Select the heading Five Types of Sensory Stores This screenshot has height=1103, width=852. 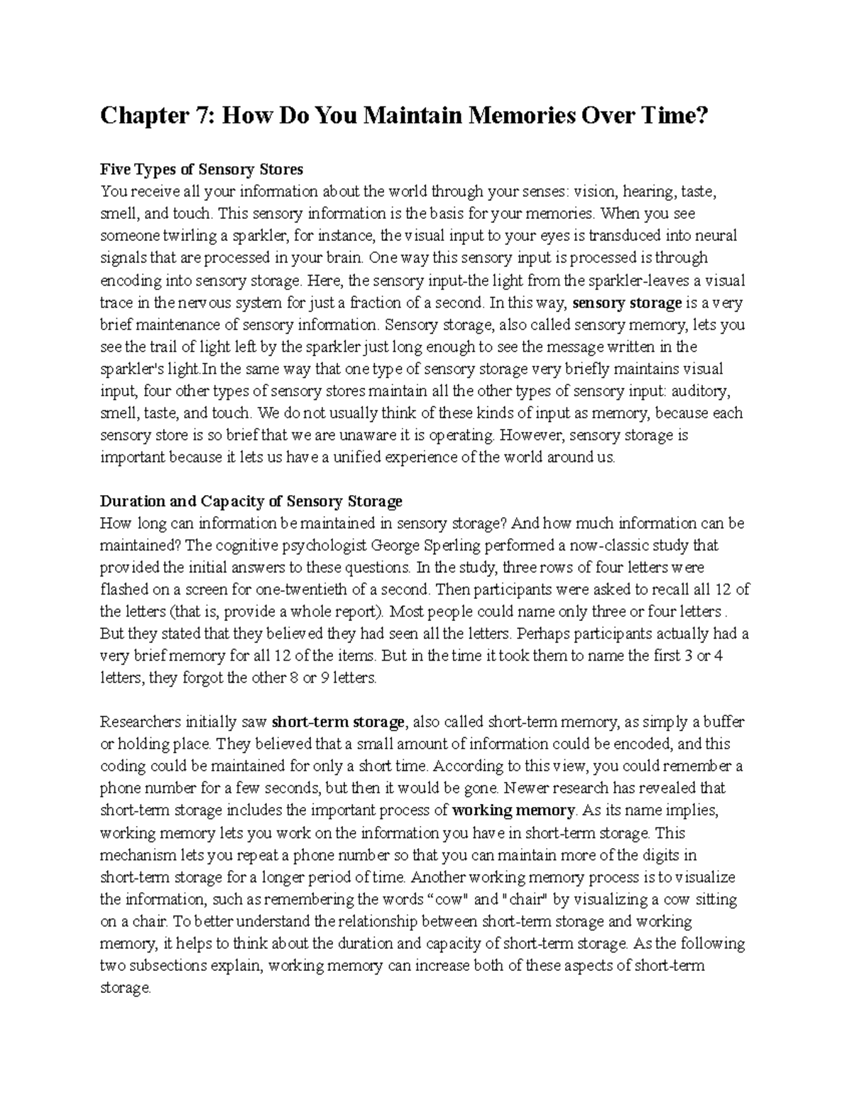[x=202, y=170]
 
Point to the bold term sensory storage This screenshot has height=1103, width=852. [x=626, y=303]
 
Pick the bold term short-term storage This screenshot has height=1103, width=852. [x=338, y=722]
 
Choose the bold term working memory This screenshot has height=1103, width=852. [x=513, y=810]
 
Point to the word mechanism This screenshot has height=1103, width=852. [x=135, y=854]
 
